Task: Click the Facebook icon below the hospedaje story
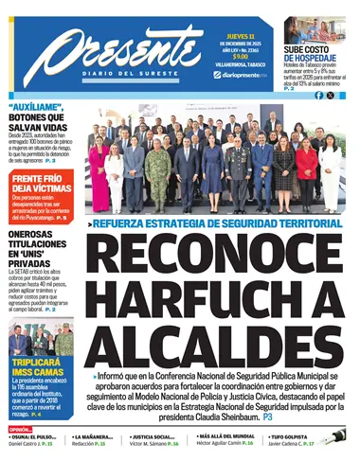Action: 318,96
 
